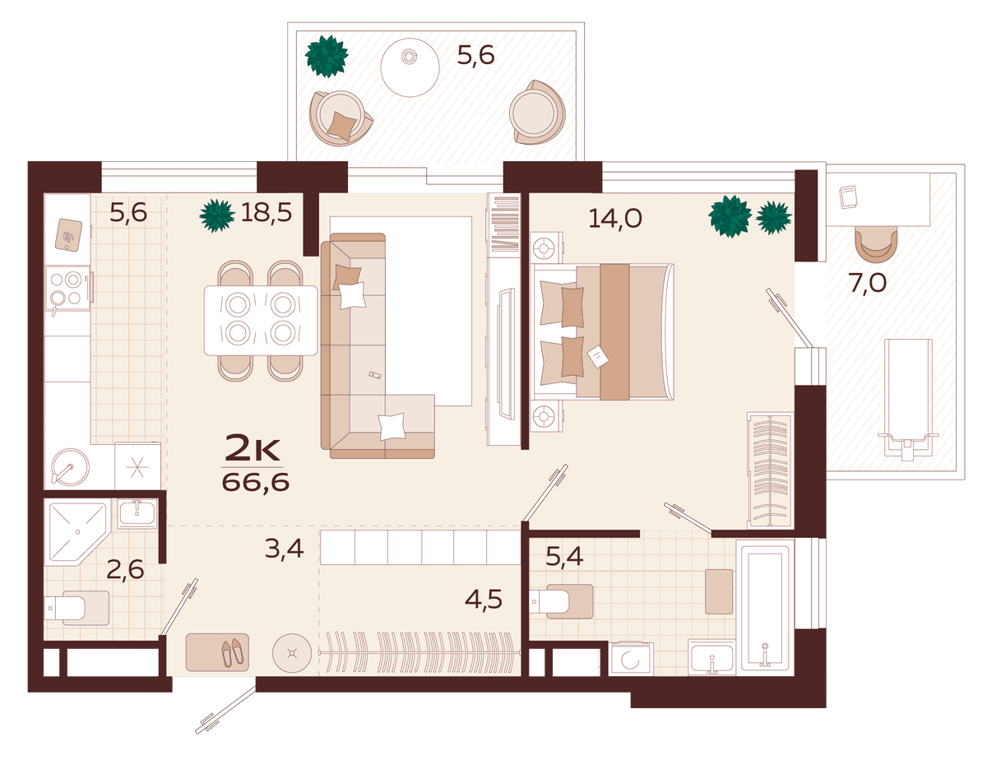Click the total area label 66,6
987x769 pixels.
coord(255,482)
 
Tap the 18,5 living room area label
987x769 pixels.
coord(266,212)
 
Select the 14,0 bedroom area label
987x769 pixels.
coord(615,218)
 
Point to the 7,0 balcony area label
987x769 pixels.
coord(867,283)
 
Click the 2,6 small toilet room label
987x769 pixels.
coord(125,569)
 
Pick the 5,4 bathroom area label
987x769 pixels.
coord(564,557)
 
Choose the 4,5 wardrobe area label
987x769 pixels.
coord(484,600)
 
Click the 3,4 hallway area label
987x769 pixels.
coord(285,549)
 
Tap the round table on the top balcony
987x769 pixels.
coord(410,67)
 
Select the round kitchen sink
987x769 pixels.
coord(70,466)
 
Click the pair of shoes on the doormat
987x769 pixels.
coord(233,653)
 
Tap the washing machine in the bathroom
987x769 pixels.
coord(631,659)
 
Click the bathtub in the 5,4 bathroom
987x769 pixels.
coord(765,608)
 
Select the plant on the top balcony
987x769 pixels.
coord(327,56)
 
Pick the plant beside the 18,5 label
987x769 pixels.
coord(217,215)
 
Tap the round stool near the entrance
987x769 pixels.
coord(292,653)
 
